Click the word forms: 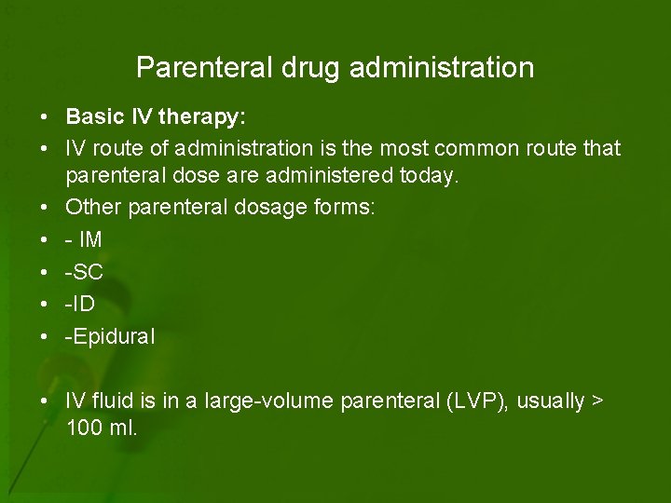click(346, 208)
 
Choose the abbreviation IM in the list click(90, 239)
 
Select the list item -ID click(81, 305)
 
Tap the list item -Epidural click(110, 336)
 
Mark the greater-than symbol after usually click(597, 401)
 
